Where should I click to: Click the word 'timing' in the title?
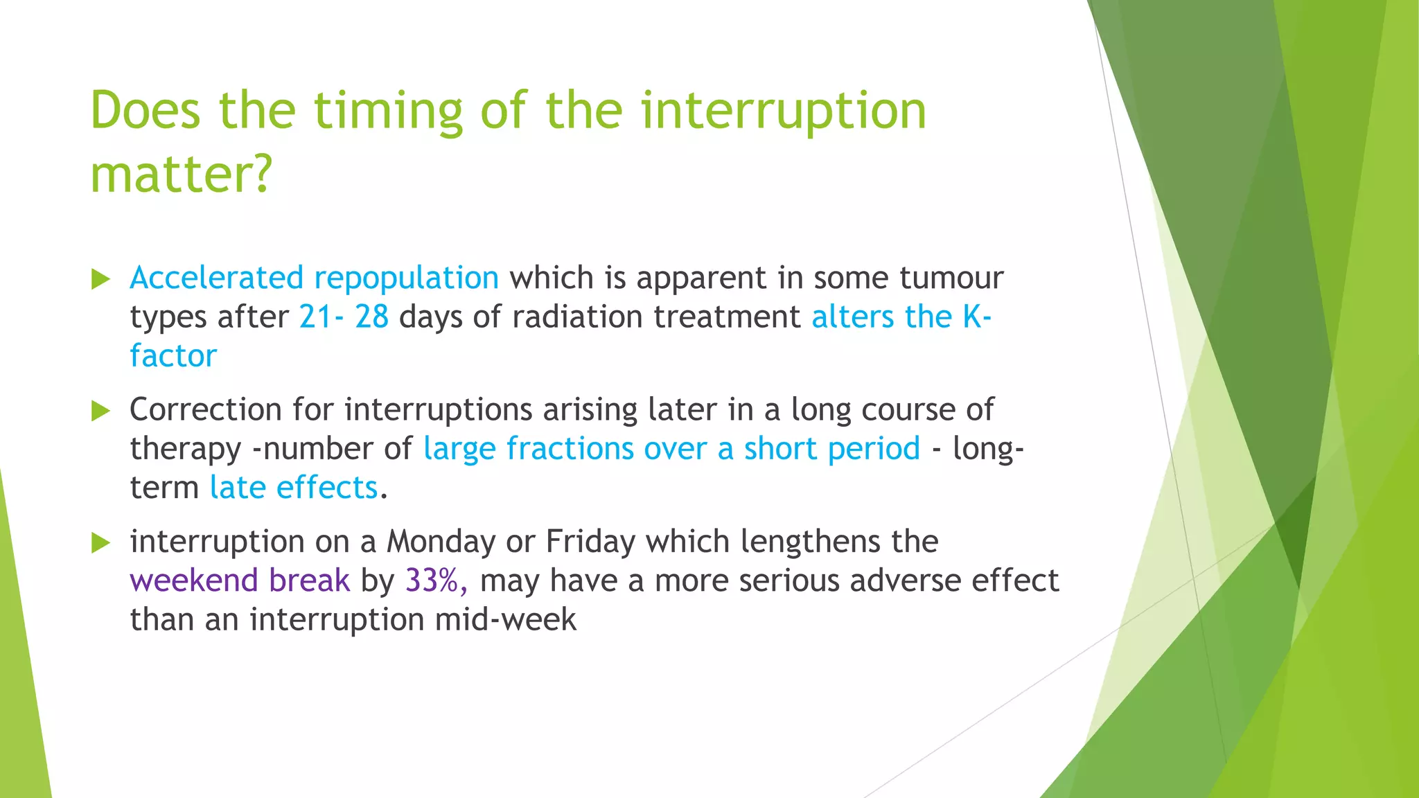(x=388, y=112)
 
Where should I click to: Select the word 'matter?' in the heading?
(x=182, y=175)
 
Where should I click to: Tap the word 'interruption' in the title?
(x=783, y=112)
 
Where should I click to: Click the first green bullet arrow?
(x=101, y=279)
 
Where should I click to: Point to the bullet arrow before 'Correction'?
(x=101, y=411)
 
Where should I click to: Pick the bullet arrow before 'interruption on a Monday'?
(x=101, y=542)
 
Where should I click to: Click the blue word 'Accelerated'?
(x=216, y=278)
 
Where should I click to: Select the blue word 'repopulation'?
(x=407, y=278)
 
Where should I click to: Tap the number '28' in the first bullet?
(x=371, y=317)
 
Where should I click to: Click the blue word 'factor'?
(x=173, y=356)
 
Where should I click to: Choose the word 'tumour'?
(x=951, y=278)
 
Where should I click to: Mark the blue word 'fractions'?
(x=570, y=449)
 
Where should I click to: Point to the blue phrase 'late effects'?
(x=294, y=488)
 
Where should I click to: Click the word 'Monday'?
(x=440, y=542)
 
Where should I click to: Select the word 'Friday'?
(x=590, y=542)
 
